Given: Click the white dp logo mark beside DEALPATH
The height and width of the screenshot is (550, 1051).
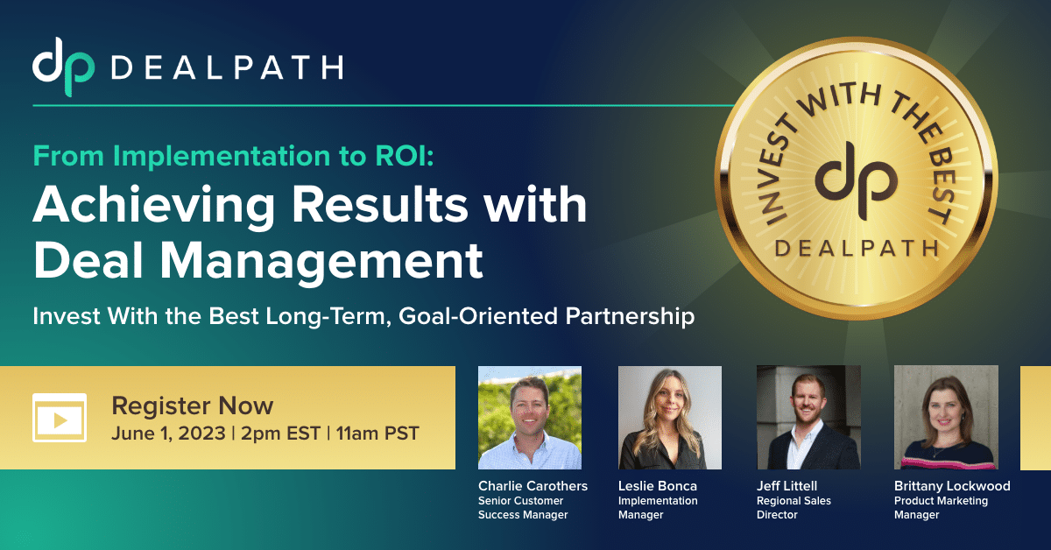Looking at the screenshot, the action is [x=63, y=67].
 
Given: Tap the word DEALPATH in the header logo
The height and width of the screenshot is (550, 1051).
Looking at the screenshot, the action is [x=227, y=67].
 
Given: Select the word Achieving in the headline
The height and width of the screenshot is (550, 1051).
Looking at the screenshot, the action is [x=154, y=205].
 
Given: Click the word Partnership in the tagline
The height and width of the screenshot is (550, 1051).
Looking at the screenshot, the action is [x=630, y=316].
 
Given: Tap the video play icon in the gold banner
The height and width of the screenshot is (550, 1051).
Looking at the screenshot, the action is [x=60, y=418].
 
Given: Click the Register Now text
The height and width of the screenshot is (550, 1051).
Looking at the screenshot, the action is [x=193, y=405].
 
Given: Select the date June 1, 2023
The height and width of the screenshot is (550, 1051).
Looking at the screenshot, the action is [x=168, y=434].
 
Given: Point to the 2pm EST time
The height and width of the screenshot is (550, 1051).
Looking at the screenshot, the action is [x=280, y=434].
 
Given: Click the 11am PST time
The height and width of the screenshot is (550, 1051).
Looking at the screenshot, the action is [x=377, y=434].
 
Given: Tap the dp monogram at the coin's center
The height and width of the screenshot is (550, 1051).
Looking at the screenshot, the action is [x=857, y=181].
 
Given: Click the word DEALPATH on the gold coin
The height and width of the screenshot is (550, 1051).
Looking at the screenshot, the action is [x=857, y=248].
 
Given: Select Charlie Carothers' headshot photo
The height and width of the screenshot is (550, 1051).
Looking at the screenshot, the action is [x=530, y=418].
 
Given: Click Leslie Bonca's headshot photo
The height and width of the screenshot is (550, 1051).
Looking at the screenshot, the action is [x=670, y=418].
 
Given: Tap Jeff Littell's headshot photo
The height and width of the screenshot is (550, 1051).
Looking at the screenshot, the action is [x=808, y=418].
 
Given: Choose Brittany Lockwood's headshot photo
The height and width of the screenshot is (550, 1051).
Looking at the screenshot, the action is [x=946, y=418].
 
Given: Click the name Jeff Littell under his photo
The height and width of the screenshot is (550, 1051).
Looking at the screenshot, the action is [x=786, y=486].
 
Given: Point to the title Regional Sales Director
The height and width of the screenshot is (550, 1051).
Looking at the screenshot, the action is [x=794, y=508].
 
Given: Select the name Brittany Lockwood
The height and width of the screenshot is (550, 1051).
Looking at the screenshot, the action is [x=952, y=486].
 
